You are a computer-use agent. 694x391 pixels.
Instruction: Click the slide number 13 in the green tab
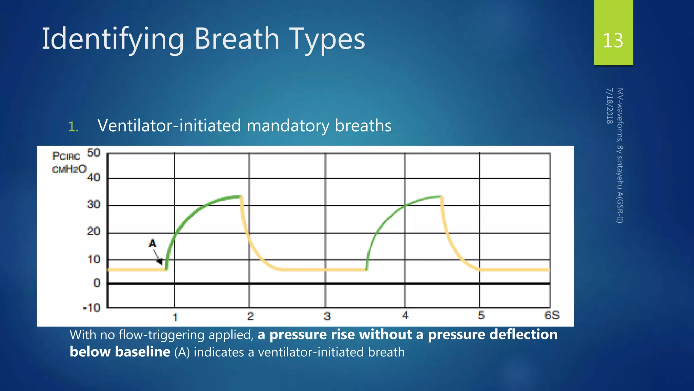click(x=613, y=40)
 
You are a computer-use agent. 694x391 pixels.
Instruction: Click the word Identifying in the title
click(x=113, y=39)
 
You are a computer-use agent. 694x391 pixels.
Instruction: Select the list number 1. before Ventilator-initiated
click(x=73, y=127)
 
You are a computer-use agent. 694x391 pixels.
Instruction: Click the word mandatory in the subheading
click(x=288, y=126)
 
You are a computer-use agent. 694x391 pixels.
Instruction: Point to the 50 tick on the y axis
click(x=94, y=153)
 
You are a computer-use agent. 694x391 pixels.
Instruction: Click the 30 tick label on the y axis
click(x=94, y=204)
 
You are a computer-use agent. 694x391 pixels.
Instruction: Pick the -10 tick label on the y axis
click(x=92, y=308)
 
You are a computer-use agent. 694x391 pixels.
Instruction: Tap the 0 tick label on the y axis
click(x=97, y=283)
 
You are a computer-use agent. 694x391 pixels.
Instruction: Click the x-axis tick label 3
click(x=327, y=316)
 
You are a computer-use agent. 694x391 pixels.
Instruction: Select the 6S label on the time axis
click(x=552, y=315)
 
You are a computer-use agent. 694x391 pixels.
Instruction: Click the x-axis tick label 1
click(x=175, y=317)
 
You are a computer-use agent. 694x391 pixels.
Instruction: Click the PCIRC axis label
click(x=66, y=156)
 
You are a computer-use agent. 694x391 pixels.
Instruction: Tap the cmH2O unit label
click(x=69, y=169)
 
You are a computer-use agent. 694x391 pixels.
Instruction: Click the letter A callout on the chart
click(x=152, y=243)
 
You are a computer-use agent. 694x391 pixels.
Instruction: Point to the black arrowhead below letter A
click(x=159, y=261)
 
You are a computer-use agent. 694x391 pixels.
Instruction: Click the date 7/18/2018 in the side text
click(x=609, y=106)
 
